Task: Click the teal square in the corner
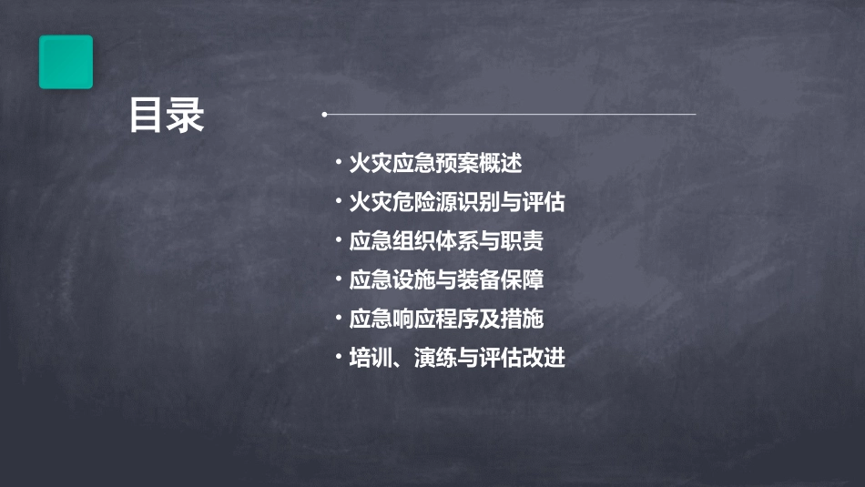point(66,62)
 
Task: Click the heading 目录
point(167,116)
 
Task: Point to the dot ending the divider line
point(324,115)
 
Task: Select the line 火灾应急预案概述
point(435,164)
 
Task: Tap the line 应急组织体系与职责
point(446,241)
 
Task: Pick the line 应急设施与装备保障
point(446,279)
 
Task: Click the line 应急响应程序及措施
point(446,319)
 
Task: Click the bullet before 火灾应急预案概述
point(338,164)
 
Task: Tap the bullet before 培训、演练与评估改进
point(338,357)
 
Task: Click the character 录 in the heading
point(186,116)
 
